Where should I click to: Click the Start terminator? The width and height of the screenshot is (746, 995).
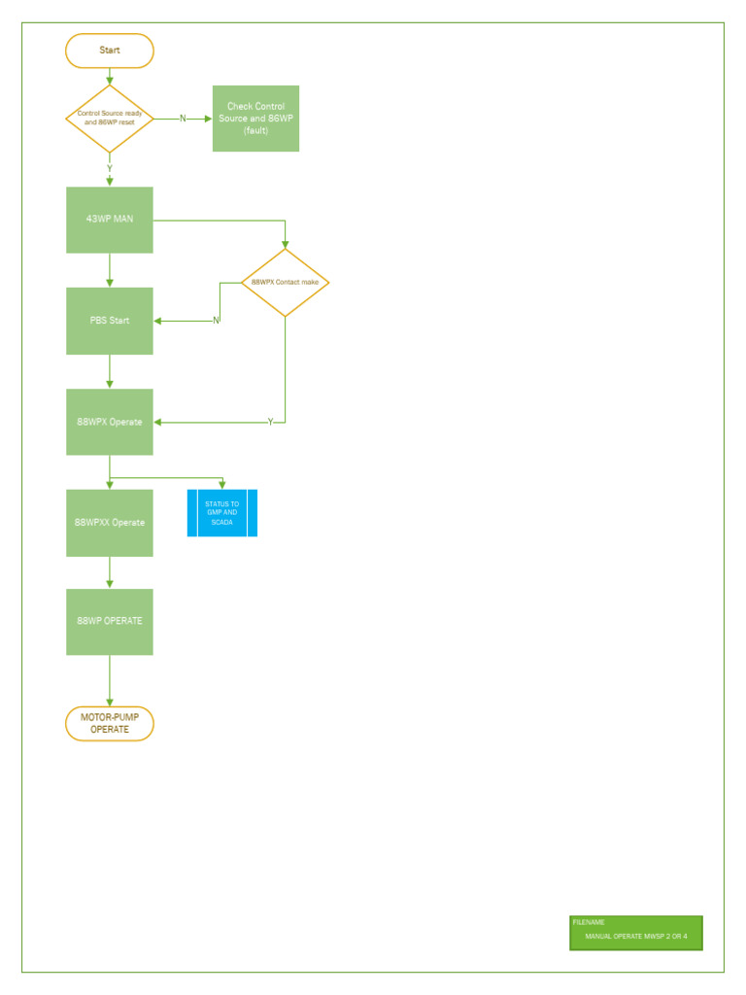coord(109,51)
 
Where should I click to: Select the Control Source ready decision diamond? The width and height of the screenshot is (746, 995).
coord(109,118)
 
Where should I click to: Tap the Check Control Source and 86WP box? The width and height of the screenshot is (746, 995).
coord(255,119)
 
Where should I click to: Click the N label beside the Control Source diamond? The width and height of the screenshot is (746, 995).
coord(183,119)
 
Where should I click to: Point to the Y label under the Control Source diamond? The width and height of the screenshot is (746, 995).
coord(110,168)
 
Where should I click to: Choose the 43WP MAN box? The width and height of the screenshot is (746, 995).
coord(109,220)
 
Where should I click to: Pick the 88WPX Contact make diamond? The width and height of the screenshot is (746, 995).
coord(285,283)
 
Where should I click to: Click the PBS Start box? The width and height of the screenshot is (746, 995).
coord(109,321)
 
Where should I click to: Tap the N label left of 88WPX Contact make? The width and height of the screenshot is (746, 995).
coord(216,321)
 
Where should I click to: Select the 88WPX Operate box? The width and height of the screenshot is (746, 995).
coord(109,422)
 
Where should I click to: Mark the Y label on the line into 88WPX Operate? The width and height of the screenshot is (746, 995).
coord(270,422)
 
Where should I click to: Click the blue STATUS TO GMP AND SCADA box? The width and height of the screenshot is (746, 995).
coord(222,513)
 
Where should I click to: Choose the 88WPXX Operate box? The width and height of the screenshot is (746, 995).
coord(109,523)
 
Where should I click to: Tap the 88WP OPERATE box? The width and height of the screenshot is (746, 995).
coord(109,622)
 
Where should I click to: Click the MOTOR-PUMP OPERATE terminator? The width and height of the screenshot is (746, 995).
coord(109,724)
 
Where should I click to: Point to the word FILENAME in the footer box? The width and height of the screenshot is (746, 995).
coord(589,922)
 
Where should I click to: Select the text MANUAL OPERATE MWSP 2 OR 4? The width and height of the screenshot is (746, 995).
coord(635,937)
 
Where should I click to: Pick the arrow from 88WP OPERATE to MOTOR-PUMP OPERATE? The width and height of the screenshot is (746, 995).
coord(110,680)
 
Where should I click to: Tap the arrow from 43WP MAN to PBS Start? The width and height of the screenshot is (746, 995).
coord(110,270)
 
